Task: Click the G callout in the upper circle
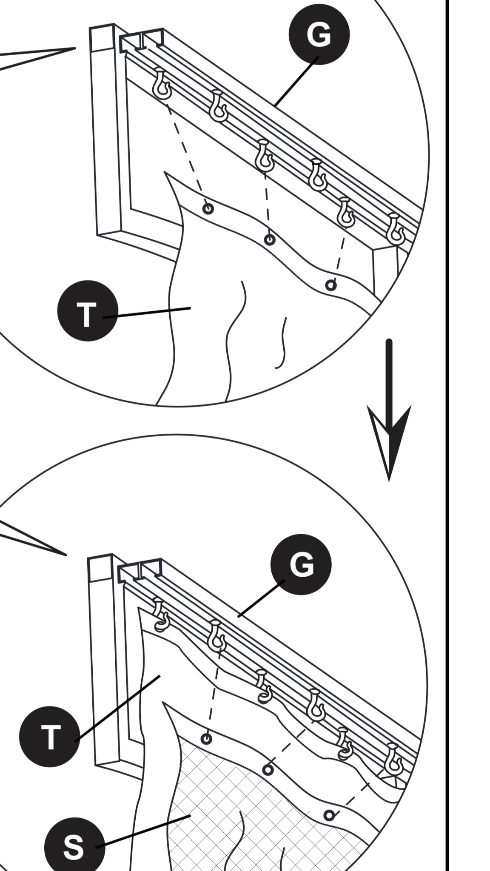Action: pos(319,34)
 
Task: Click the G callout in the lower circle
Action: pos(301,564)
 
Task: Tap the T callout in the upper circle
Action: pos(87,311)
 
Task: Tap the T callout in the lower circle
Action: pos(49,737)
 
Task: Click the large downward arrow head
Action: pos(389,438)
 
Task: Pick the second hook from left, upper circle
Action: pos(219,107)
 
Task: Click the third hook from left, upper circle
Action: pos(264,156)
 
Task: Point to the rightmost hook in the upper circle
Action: pos(396,230)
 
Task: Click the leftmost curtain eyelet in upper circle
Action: pos(208,209)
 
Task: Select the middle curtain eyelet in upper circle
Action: pos(270,240)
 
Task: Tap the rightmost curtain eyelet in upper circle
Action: pos(330,285)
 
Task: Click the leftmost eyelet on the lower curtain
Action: pos(207,739)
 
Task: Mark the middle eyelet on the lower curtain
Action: pos(268,770)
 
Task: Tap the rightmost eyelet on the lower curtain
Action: pos(329,815)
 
